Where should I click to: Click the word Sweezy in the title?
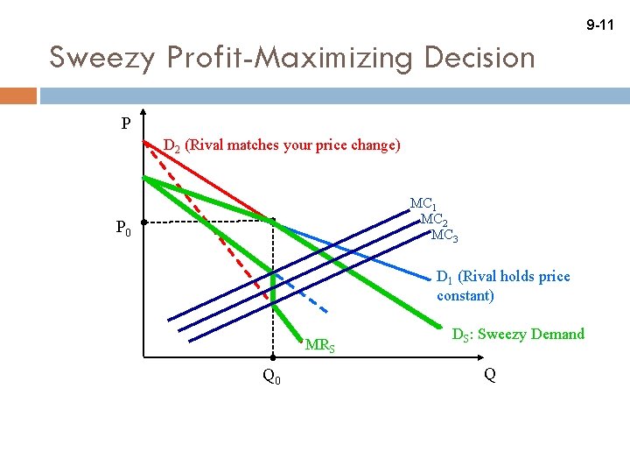90,58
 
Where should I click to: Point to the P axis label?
127,124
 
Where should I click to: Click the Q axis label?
489,374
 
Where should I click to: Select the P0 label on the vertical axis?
124,229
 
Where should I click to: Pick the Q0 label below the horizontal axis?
271,377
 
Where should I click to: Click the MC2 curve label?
435,220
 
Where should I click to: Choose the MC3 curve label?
444,235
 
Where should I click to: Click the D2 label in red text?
174,145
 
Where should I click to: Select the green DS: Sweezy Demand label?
517,334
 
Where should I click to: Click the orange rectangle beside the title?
18,95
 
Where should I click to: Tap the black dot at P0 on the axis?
144,222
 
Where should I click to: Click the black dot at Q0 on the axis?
272,357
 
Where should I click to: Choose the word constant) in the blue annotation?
465,295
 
